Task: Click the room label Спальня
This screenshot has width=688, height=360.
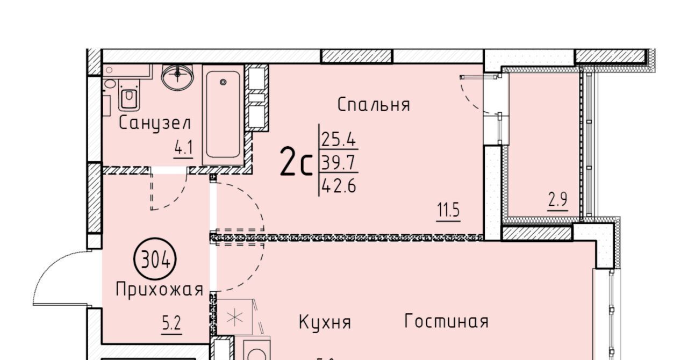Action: [x=374, y=105]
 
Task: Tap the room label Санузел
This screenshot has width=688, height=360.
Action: [x=155, y=124]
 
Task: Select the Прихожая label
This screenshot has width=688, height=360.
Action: [x=160, y=290]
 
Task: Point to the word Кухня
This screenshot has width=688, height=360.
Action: [x=325, y=322]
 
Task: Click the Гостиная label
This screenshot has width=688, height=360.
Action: [x=446, y=321]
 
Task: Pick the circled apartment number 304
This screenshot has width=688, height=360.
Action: [x=155, y=259]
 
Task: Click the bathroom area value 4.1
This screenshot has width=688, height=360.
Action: [x=183, y=149]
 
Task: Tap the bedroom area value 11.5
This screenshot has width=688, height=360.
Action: [x=448, y=211]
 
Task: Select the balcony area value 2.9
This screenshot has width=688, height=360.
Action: [x=558, y=200]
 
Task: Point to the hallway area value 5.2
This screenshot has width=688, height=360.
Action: [x=171, y=323]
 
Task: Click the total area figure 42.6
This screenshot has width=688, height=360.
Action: [x=339, y=186]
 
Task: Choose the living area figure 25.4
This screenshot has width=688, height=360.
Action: [x=339, y=140]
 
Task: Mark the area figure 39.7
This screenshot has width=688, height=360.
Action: [x=338, y=162]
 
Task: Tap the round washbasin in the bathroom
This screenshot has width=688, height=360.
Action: [x=177, y=77]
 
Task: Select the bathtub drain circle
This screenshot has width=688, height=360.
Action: [x=223, y=82]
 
